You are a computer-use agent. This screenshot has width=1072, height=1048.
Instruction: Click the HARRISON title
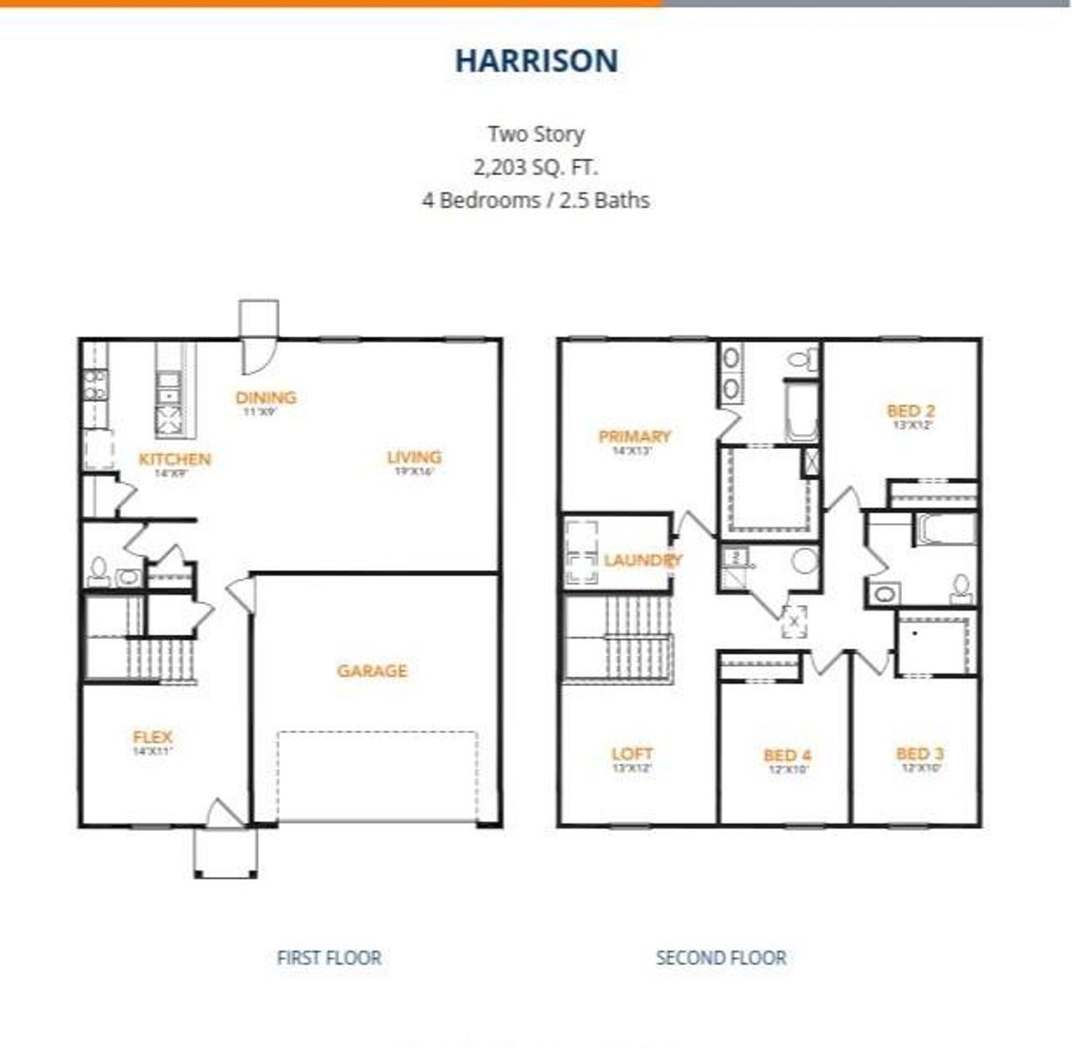[536, 60]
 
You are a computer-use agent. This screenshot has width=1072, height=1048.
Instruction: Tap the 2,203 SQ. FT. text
[536, 167]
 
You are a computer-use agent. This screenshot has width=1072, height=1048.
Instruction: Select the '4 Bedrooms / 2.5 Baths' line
[536, 200]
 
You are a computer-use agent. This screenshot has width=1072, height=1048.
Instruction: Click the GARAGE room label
[372, 670]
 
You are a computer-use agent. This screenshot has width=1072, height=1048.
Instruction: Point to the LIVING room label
[414, 457]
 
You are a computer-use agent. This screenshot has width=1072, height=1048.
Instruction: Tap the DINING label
[265, 397]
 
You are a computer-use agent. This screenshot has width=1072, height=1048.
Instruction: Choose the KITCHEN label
[174, 459]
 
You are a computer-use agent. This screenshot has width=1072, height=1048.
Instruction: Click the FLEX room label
[152, 737]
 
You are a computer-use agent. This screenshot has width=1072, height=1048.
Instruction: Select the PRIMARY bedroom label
[634, 436]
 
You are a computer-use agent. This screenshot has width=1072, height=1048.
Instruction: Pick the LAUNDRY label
[642, 560]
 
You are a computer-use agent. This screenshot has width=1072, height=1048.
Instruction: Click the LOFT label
[631, 753]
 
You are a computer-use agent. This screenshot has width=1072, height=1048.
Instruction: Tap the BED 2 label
[910, 410]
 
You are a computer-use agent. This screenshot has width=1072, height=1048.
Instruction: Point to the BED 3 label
[920, 753]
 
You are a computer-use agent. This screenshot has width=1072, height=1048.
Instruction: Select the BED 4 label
[786, 755]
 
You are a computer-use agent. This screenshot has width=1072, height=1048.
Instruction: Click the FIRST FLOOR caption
[329, 958]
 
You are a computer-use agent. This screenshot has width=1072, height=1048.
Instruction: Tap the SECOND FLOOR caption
[720, 958]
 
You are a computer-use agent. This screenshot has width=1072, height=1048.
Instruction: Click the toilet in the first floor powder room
[99, 572]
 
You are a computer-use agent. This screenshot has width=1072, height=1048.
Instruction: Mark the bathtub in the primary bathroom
[800, 411]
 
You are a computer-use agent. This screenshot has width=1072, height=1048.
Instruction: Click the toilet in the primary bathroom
[802, 359]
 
